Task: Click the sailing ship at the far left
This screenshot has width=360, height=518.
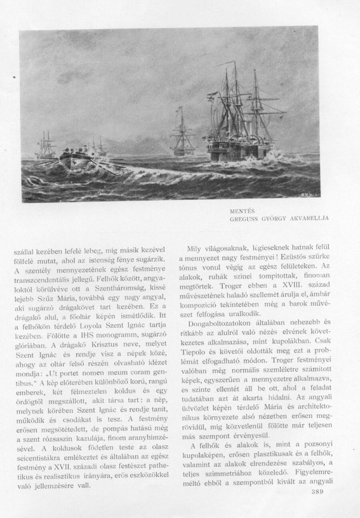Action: tap(46, 147)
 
